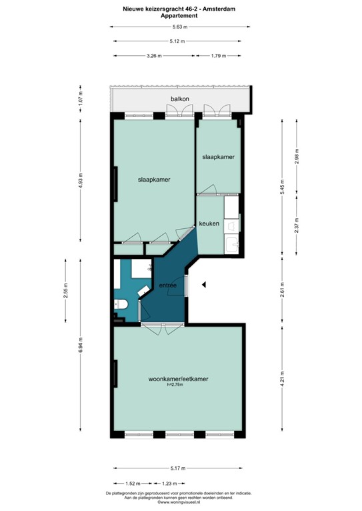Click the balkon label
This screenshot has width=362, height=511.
coord(180,99)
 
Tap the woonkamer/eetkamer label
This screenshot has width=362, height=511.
coord(179,379)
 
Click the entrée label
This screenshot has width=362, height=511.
coord(167,285)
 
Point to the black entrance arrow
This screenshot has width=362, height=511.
coord(205,285)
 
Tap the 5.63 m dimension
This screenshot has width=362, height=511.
coord(179,27)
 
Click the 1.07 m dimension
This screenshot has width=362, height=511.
coord(80,104)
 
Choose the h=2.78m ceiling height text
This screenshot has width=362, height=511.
coord(178,386)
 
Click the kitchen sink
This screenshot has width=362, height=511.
coord(232,245)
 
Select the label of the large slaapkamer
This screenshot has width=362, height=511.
coord(153,180)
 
